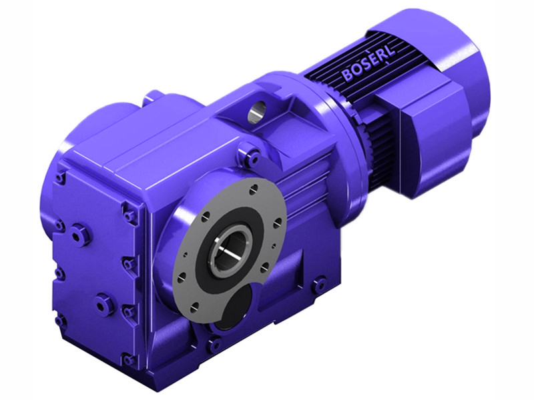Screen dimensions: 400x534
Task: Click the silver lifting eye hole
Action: pyautogui.click(x=256, y=111)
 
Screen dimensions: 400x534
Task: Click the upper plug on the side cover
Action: pyautogui.click(x=79, y=233)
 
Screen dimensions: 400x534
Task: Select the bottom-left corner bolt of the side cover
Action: pyautogui.click(x=61, y=321)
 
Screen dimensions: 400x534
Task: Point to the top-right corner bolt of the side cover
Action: pyautogui.click(x=129, y=214)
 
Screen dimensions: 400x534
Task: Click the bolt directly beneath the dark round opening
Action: pyautogui.click(x=214, y=345)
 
